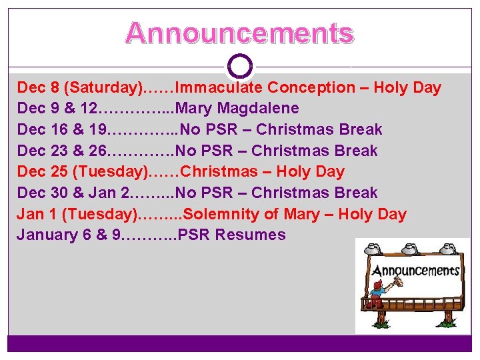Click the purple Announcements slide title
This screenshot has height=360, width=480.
pyautogui.click(x=239, y=33)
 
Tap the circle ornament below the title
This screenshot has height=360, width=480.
pyautogui.click(x=239, y=66)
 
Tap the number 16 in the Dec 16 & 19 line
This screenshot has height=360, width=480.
pyautogui.click(x=59, y=129)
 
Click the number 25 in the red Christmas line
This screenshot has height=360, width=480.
pyautogui.click(x=59, y=172)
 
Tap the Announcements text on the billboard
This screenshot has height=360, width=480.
pyautogui.click(x=415, y=271)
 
